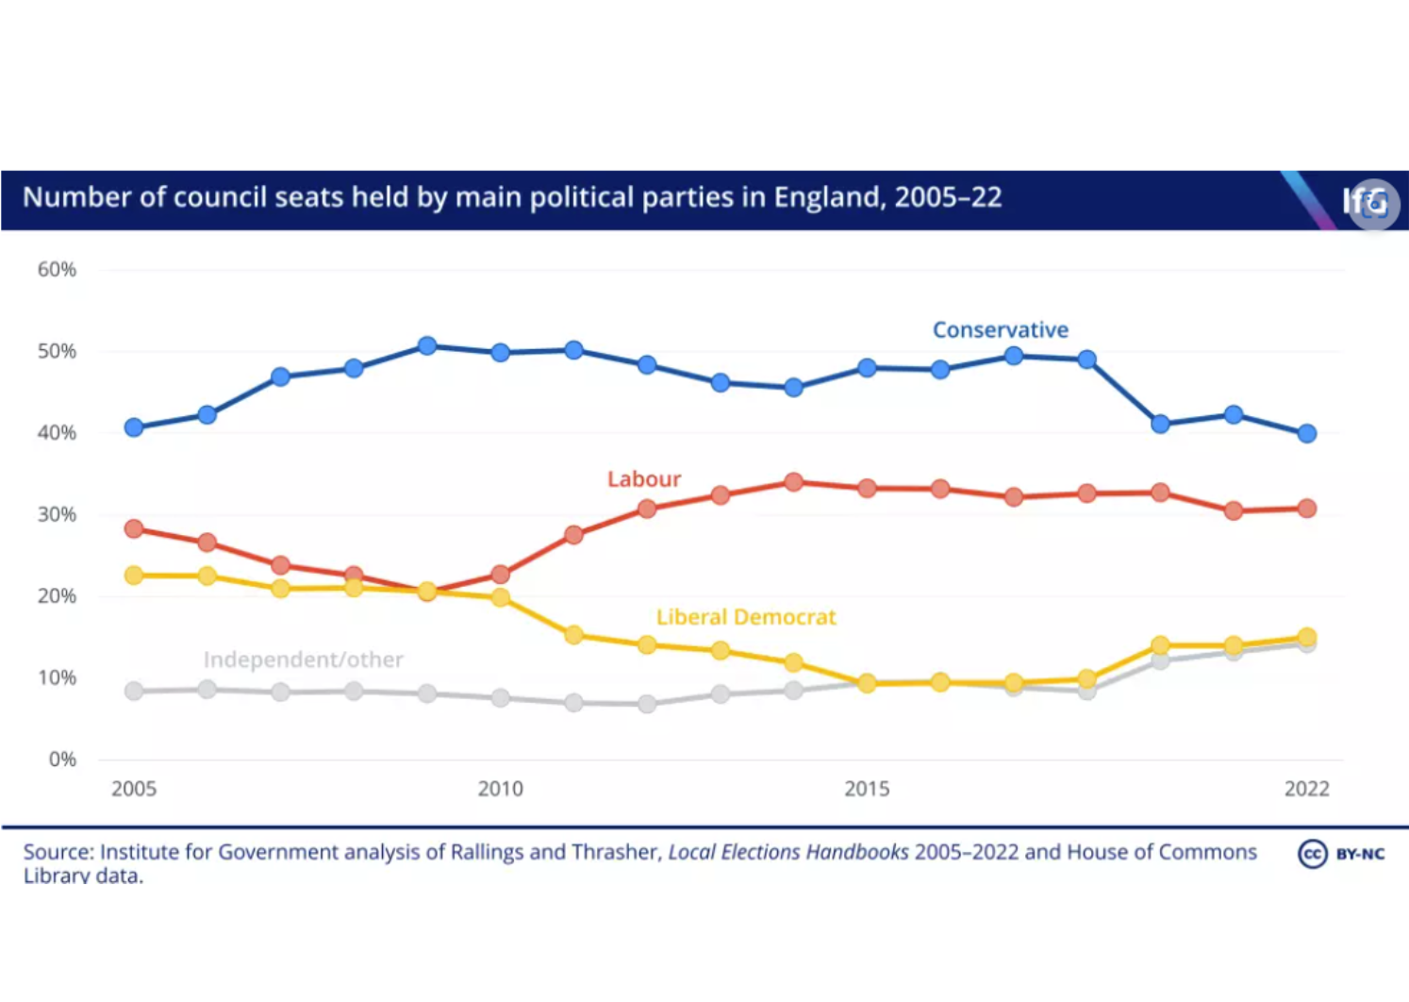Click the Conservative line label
point(1000,329)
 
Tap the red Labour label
point(643,478)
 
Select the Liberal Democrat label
point(745,616)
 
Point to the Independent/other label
point(303,659)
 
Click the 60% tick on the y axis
point(57,270)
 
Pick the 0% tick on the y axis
point(62,760)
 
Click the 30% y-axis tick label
point(57,514)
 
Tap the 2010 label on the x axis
point(500,789)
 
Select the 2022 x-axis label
point(1306,789)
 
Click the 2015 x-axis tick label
point(866,789)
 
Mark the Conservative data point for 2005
point(134,427)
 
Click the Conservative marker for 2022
point(1307,434)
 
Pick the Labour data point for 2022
point(1307,509)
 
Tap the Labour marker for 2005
point(134,528)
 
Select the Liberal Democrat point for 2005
point(134,576)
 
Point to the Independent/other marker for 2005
point(134,691)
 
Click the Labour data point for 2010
point(501,575)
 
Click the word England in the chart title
point(828,197)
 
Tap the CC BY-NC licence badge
point(1341,854)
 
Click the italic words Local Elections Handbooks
point(788,852)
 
